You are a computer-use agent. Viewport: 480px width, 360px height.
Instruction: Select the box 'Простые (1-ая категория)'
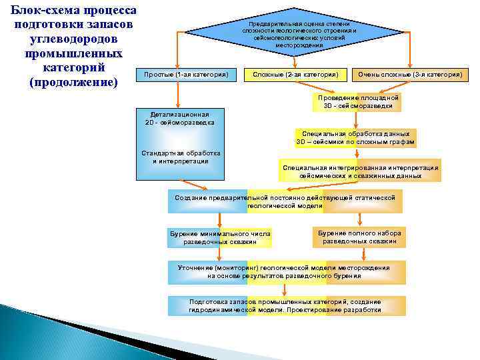[186, 75]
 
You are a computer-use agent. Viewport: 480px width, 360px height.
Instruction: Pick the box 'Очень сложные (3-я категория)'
[409, 75]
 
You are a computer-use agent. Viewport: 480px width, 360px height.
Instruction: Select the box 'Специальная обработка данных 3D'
[356, 138]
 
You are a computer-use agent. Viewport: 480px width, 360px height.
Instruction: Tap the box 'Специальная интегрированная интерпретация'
[360, 171]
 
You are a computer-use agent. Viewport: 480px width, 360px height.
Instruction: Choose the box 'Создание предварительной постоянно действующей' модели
[285, 201]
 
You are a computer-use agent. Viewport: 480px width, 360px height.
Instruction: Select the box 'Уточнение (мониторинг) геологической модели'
[285, 271]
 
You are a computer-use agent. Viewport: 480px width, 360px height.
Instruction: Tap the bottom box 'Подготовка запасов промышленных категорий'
[286, 306]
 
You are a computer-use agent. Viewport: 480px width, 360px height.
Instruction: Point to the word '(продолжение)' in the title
[73, 83]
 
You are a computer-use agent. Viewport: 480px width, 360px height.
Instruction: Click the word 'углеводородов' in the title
[73, 39]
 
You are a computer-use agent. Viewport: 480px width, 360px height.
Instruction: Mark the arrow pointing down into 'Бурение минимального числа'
[219, 221]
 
